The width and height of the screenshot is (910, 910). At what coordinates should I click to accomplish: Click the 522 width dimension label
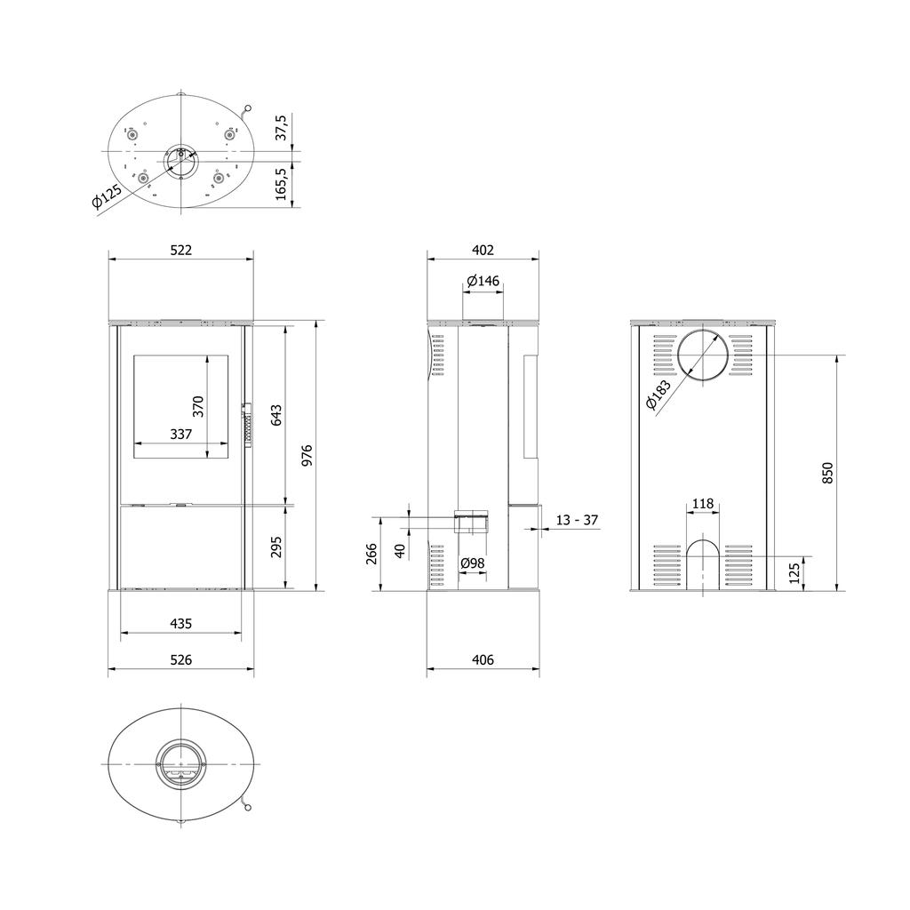tap(180, 251)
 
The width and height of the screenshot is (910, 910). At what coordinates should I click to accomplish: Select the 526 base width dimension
tap(180, 660)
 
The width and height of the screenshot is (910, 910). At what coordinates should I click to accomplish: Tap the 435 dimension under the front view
tap(180, 624)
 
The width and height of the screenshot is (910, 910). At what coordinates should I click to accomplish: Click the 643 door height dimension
tap(275, 414)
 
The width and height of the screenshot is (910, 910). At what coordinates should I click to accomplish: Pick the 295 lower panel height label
tap(275, 547)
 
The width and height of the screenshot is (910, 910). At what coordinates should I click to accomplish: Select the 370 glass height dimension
tap(198, 406)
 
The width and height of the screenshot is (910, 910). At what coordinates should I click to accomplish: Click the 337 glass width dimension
tap(181, 435)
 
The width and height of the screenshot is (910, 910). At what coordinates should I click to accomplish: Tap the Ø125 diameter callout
tap(107, 196)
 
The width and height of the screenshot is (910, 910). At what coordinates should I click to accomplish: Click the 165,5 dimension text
tap(283, 184)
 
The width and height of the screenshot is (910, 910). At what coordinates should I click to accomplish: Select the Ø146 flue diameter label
tap(483, 281)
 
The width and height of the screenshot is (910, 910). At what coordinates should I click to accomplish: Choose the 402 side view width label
tap(483, 251)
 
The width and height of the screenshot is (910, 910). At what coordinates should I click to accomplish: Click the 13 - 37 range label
tap(577, 520)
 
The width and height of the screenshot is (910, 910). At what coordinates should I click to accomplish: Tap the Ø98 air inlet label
tap(472, 563)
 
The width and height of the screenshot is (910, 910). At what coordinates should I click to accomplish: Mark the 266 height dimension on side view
tap(372, 554)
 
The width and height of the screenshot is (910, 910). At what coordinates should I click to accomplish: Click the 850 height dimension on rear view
tap(827, 473)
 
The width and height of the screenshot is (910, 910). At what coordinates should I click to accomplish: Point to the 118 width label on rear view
tap(702, 504)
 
